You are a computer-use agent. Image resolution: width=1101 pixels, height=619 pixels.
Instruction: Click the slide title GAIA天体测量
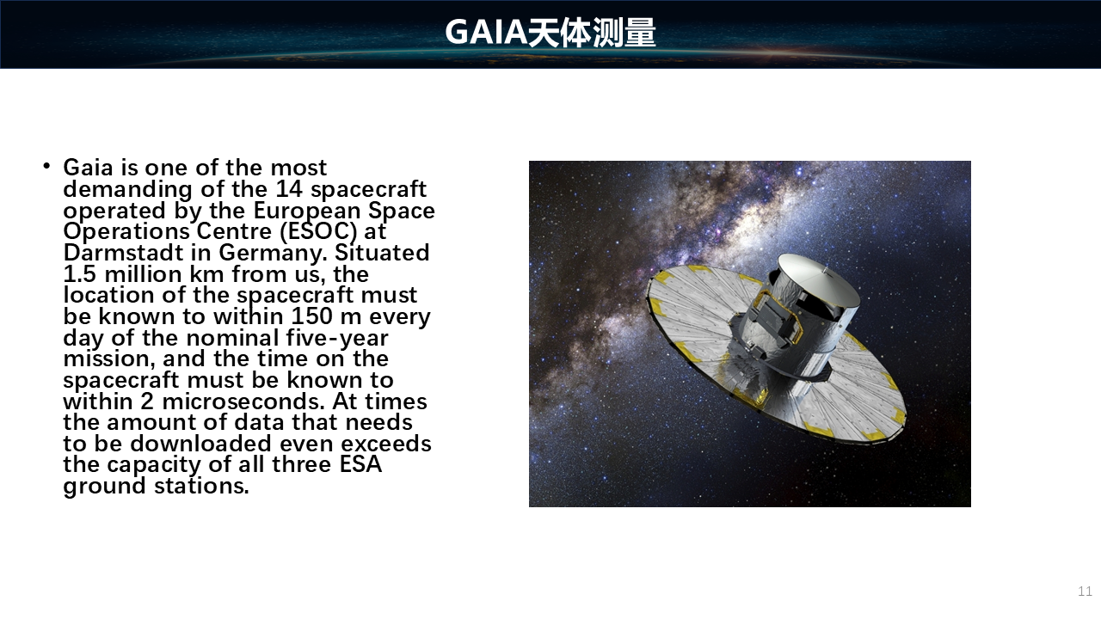click(x=550, y=33)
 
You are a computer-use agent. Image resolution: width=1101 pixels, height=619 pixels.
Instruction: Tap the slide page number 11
click(x=1085, y=591)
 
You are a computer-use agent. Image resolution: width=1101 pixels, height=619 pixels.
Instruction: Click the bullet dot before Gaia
click(x=46, y=166)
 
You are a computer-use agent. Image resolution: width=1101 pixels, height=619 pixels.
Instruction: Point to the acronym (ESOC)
click(x=318, y=231)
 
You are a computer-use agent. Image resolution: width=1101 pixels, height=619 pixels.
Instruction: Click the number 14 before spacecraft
click(x=289, y=189)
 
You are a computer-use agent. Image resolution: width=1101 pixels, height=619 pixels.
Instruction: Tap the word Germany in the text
click(x=273, y=254)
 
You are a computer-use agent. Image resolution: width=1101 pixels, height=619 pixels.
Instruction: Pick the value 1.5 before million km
click(x=80, y=274)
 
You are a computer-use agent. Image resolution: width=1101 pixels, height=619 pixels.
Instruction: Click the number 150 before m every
click(x=311, y=316)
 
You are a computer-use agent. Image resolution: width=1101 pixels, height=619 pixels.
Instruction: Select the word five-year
click(x=337, y=339)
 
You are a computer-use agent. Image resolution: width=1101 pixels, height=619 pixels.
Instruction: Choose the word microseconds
click(x=243, y=401)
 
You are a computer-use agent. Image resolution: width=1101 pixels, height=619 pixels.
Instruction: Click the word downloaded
click(x=200, y=444)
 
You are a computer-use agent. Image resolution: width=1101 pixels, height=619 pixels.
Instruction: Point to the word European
click(x=307, y=211)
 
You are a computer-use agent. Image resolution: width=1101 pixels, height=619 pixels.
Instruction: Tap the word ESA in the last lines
click(x=360, y=464)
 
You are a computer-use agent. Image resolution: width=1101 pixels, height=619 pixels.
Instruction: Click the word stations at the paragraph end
click(x=201, y=486)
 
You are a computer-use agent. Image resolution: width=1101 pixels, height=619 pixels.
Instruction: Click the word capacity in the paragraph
click(x=154, y=465)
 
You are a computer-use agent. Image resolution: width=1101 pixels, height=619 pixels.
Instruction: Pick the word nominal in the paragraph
click(x=232, y=338)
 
